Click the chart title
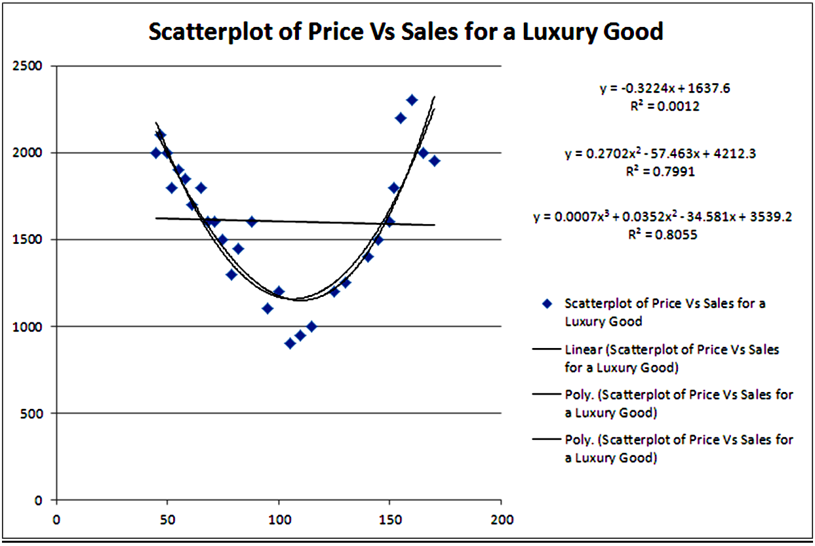[406, 31]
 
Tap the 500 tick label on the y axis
[35, 414]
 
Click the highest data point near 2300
[412, 100]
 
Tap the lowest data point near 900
[290, 343]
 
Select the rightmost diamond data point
[434, 161]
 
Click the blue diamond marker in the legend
[548, 304]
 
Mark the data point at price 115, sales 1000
[311, 326]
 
